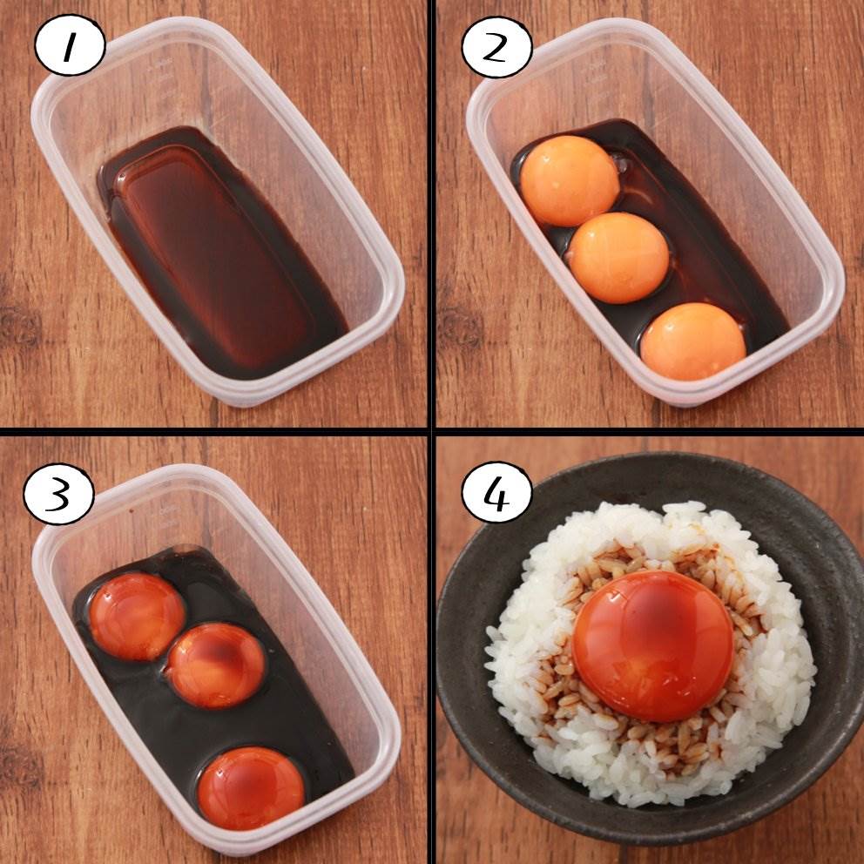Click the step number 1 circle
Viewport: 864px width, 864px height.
pos(70,45)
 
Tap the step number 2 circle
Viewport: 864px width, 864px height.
pos(497,46)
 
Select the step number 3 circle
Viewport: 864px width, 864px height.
pos(59,494)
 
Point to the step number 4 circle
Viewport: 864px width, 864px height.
pos(497,491)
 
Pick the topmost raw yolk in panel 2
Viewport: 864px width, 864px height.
pos(570,181)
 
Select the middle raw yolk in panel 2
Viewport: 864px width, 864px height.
pos(618,258)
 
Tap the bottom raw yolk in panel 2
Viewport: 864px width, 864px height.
pos(693,341)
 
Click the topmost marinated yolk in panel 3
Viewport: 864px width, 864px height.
pos(137,616)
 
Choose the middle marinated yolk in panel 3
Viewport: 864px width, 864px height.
pos(216,665)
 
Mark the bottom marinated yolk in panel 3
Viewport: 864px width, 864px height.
pos(251,788)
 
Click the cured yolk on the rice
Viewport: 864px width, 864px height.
pos(653,645)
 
